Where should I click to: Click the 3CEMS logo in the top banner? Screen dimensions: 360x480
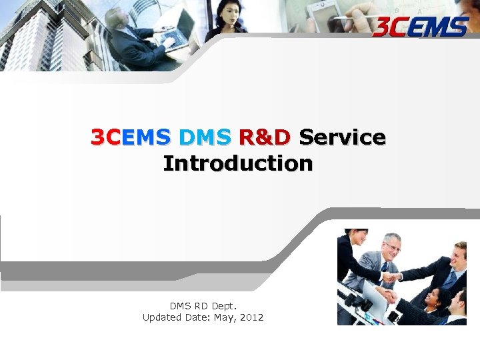pos(421,27)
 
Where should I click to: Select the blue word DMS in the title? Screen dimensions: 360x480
pos(205,137)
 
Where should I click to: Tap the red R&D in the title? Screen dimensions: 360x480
pos(264,137)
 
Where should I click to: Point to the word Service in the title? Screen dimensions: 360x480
pos(342,137)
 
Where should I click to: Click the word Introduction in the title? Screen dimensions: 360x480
pos(237,163)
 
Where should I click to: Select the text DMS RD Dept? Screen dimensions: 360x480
pos(203,306)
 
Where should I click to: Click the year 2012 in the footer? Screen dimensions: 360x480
pos(251,317)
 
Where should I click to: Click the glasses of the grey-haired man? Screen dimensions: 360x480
pos(393,247)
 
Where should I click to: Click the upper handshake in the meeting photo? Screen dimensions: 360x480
pos(389,277)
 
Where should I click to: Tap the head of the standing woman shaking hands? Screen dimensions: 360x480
pos(355,237)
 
